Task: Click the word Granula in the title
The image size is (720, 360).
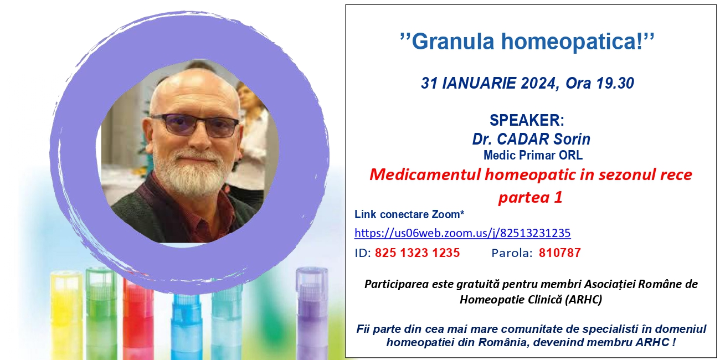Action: (452, 42)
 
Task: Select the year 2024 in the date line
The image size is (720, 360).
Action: (538, 83)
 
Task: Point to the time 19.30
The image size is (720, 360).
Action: (615, 83)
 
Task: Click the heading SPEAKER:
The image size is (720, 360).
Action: (527, 120)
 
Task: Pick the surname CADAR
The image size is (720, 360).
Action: (518, 139)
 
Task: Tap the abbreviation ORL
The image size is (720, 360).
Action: (571, 155)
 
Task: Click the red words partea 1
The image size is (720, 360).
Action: (531, 197)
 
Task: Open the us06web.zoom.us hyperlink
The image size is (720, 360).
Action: (462, 233)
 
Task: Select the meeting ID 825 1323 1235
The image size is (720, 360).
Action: (417, 253)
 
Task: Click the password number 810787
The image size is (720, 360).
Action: (560, 253)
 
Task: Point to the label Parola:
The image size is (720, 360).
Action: (512, 253)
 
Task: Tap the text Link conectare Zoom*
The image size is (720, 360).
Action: (409, 214)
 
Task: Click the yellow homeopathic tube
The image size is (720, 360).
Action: (66, 316)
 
